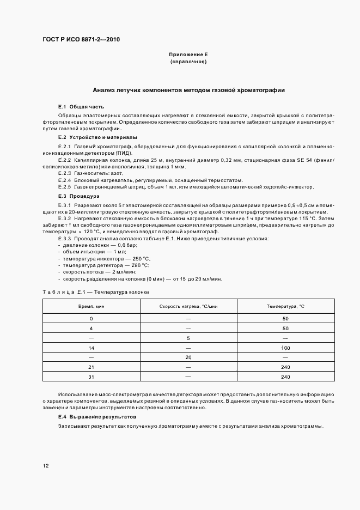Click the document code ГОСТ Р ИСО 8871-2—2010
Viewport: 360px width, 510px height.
(x=81, y=40)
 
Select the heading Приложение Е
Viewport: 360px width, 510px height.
(x=188, y=55)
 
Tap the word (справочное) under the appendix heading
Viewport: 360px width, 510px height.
(x=188, y=62)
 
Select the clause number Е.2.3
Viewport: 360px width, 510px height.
(x=65, y=173)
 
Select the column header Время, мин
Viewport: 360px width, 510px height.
(x=91, y=307)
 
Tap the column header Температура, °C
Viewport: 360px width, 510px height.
(x=285, y=307)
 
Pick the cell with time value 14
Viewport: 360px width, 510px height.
(x=91, y=347)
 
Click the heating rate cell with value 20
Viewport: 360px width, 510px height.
(x=188, y=357)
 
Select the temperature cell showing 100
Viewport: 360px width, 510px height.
(x=285, y=347)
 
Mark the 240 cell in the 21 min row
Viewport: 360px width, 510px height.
(x=285, y=367)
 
